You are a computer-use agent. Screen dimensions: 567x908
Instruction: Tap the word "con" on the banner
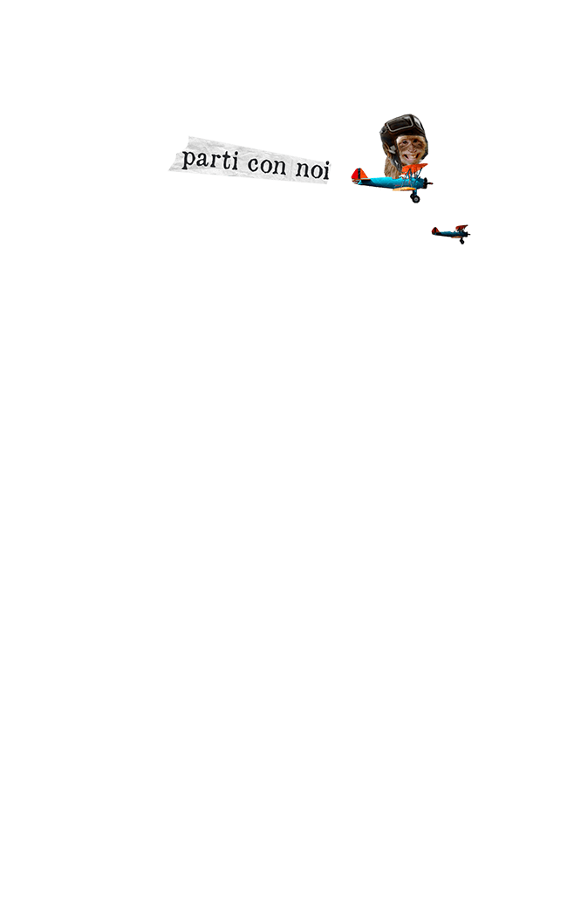(x=267, y=165)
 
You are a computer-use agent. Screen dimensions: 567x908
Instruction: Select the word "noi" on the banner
(x=312, y=169)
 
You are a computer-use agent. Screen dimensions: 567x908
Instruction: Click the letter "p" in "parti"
(x=188, y=160)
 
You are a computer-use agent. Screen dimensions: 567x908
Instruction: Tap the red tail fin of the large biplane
(x=359, y=175)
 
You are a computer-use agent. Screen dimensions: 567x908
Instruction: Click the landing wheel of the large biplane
(x=415, y=199)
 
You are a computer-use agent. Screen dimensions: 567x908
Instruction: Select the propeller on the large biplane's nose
(x=428, y=183)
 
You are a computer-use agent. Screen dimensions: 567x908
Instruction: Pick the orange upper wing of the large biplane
(x=415, y=168)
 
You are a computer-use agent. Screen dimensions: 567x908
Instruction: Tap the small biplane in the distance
(x=451, y=233)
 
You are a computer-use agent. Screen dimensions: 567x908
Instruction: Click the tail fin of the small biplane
(x=434, y=230)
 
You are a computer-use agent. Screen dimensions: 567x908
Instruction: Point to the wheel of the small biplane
(x=461, y=242)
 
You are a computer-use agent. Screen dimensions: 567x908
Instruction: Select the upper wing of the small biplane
(x=461, y=227)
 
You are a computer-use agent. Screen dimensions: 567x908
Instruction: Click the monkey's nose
(x=409, y=147)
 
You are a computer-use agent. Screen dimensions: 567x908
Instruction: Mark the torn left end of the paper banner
(x=174, y=165)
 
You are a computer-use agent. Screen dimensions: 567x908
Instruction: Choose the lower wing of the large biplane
(x=405, y=189)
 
